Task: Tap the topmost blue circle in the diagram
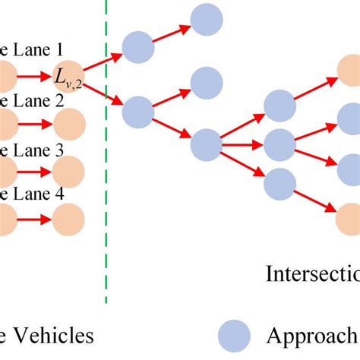[x=207, y=20]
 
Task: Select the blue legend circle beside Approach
[x=235, y=336]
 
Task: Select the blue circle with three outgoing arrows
[x=207, y=143]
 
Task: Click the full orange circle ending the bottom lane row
[x=69, y=220]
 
